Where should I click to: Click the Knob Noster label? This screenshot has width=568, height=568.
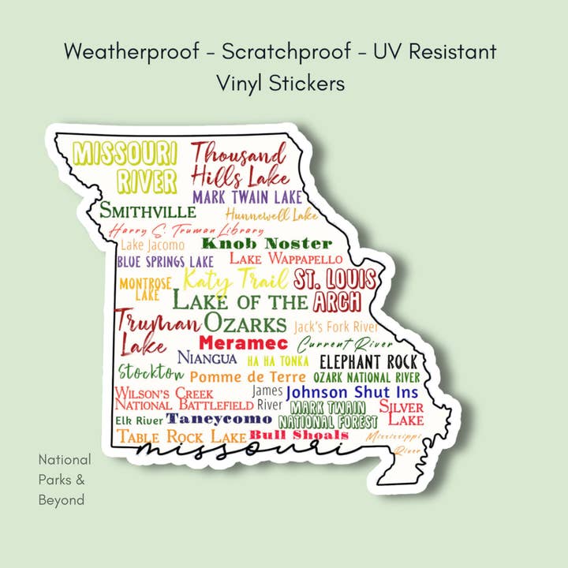(267, 243)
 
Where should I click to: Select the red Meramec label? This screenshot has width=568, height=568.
(243, 343)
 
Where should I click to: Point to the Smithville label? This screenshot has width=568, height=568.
(148, 211)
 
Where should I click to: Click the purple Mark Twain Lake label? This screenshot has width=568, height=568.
(247, 196)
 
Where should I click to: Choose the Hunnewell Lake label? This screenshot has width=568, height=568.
(271, 214)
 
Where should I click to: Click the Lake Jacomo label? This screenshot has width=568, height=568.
(152, 245)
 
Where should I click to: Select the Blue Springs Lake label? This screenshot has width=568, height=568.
(165, 261)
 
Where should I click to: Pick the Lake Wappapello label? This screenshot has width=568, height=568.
(286, 259)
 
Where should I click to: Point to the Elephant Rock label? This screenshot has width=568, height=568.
(368, 361)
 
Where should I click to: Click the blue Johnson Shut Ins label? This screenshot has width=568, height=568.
(352, 392)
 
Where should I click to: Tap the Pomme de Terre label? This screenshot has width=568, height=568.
(248, 377)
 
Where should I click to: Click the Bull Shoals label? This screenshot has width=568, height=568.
(299, 435)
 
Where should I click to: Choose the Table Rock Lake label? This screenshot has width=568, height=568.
(181, 436)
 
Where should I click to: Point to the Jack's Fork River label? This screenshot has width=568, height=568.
(335, 326)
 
